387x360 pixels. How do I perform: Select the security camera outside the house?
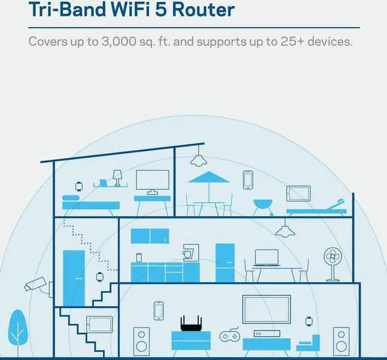pyautogui.click(x=35, y=283)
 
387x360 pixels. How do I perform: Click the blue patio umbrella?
pyautogui.click(x=207, y=178)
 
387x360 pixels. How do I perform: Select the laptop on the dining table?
pyautogui.click(x=266, y=260)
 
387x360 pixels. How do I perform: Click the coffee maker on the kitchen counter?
pyautogui.click(x=188, y=253)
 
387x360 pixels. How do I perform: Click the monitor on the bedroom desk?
pyautogui.click(x=152, y=181)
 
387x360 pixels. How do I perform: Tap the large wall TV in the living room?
pyautogui.click(x=266, y=309)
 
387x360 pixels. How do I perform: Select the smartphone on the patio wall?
pyautogui.click(x=247, y=180)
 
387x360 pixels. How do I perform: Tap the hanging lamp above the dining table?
pyautogui.click(x=284, y=230)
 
